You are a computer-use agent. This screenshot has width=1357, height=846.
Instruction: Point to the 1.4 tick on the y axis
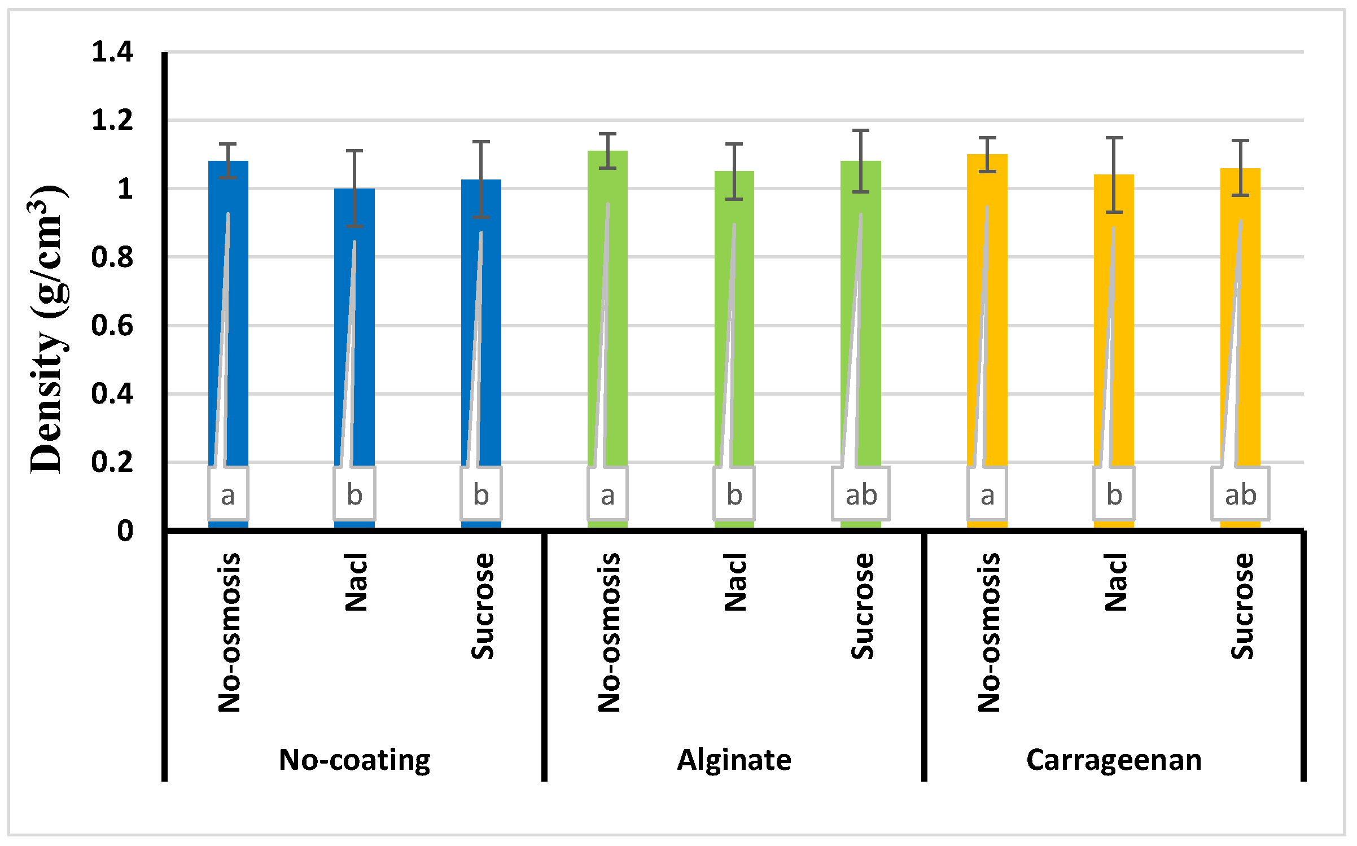112,52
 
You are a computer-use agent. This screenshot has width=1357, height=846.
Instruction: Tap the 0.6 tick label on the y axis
112,326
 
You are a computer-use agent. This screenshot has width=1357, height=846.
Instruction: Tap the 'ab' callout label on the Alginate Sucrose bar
861,495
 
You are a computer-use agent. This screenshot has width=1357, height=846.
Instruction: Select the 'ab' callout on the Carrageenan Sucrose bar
1240,495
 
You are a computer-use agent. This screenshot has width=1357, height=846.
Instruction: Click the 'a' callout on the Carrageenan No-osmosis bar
987,495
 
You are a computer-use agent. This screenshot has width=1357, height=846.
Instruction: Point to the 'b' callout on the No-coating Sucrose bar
481,495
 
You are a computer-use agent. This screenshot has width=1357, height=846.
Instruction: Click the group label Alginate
734,760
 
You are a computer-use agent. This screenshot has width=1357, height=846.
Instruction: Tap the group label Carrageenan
1114,760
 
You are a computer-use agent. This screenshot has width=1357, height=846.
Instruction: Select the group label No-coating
354,760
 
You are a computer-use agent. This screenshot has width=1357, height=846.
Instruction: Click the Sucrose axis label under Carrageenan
1242,606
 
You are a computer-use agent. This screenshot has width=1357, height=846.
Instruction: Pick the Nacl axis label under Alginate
735,582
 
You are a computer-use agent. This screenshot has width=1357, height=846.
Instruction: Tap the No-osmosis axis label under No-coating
229,632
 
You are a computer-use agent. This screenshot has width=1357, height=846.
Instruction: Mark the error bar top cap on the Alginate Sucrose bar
861,130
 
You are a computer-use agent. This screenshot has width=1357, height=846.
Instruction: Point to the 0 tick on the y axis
125,531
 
